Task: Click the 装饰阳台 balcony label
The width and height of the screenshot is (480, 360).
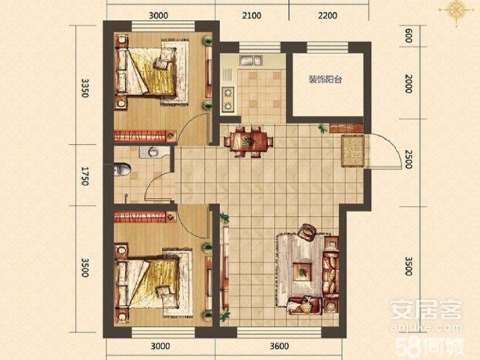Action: tap(325, 80)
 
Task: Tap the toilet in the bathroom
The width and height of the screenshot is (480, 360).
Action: tap(123, 169)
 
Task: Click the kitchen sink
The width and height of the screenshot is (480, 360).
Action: tap(251, 60)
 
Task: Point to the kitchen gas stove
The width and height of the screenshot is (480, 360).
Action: tap(228, 99)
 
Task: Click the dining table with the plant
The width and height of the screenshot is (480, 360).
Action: tap(248, 141)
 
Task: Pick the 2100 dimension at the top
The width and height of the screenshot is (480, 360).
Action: tap(251, 15)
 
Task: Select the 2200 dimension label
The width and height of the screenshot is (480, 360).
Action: tap(327, 15)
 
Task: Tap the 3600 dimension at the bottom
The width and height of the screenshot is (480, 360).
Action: tap(279, 346)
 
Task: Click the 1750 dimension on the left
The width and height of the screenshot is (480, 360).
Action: tap(85, 176)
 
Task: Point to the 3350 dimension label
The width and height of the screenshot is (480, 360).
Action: tap(85, 88)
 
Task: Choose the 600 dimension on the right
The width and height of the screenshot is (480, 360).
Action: tap(409, 36)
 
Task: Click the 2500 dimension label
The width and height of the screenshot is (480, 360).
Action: tap(409, 159)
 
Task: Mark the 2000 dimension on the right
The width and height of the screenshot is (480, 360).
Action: tap(409, 83)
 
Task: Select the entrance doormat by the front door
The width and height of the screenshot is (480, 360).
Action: tap(353, 151)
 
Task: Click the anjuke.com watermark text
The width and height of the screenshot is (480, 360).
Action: tap(426, 327)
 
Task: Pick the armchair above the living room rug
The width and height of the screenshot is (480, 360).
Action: tap(307, 233)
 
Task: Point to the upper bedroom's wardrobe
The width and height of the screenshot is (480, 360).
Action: tap(145, 135)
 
